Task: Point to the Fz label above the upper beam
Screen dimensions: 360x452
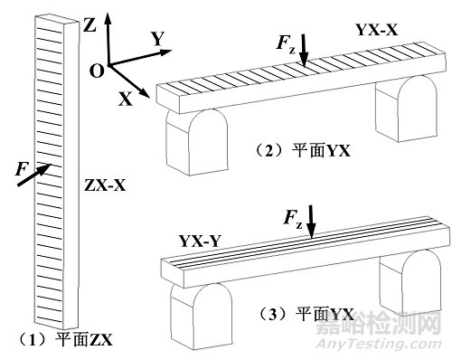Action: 285,43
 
